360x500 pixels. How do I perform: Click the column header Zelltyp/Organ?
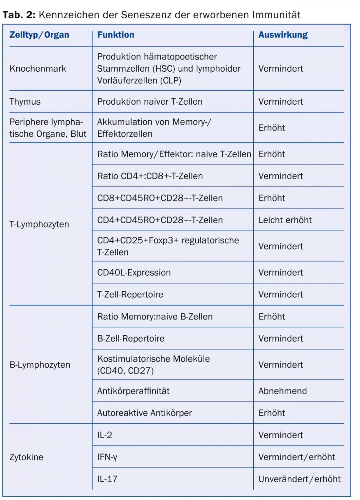(39, 35)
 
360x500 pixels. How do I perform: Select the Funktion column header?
(116, 35)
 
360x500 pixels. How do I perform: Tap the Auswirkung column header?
(283, 35)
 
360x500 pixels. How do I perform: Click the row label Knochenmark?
(38, 69)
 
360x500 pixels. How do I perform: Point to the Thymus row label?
(25, 102)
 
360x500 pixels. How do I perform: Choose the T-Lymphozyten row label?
(39, 224)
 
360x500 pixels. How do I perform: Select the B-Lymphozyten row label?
(40, 365)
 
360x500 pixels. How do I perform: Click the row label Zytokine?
(26, 457)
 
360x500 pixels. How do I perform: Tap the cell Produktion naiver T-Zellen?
(150, 102)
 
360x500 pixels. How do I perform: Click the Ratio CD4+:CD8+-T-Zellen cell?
(150, 176)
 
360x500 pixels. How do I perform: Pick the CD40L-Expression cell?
(134, 273)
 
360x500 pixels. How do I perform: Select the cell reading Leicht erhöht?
(285, 220)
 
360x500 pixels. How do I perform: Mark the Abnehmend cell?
(282, 391)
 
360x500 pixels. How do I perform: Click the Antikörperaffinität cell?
(133, 391)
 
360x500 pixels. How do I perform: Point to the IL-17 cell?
(107, 479)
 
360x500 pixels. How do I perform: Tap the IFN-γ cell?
(107, 457)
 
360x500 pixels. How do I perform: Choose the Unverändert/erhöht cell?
(299, 479)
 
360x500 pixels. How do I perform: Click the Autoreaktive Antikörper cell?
(144, 413)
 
